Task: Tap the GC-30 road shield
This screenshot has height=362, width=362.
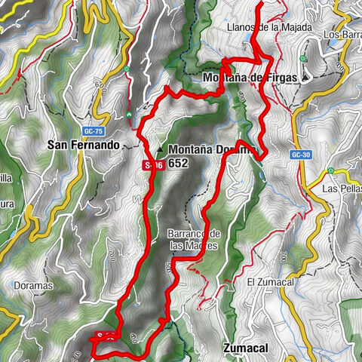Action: coord(299,155)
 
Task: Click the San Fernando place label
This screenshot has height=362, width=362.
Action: coord(83,144)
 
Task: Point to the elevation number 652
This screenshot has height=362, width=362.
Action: coord(179,162)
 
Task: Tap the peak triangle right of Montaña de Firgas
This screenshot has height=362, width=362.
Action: coord(305,77)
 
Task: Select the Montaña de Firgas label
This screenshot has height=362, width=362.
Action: coord(250,77)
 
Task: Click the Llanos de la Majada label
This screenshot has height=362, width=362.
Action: coord(257,28)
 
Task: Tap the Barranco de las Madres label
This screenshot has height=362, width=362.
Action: coord(194,239)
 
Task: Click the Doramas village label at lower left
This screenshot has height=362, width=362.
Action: coord(30,286)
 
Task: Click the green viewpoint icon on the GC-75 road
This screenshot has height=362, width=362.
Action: coord(127,70)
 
